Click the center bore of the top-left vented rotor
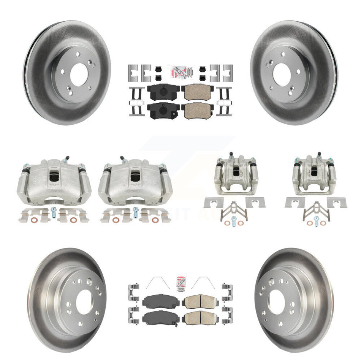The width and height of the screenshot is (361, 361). pos(79,72)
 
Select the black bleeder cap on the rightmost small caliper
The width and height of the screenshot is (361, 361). pos(320,155)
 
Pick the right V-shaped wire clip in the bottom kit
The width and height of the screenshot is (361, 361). pos(206,283)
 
